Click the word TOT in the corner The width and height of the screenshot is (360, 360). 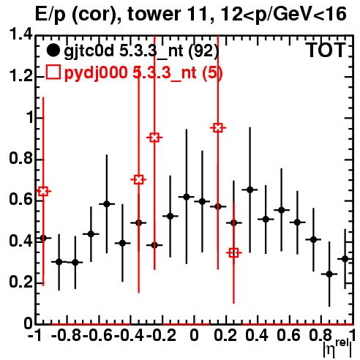326,50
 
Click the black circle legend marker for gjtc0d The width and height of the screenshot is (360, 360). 53,50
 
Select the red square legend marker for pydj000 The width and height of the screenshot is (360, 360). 53,72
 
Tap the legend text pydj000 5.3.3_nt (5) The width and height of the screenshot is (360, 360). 143,73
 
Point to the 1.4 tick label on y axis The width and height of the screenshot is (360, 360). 21,35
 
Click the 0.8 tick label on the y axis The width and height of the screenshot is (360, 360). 21,159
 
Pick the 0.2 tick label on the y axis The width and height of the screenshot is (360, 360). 21,282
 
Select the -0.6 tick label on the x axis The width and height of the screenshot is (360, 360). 97,336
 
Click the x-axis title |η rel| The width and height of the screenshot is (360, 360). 337,349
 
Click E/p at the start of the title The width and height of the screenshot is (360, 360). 50,15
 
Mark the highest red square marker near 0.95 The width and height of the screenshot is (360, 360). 218,127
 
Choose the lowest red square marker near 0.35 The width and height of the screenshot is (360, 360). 233,253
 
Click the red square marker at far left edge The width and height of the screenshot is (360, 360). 43,192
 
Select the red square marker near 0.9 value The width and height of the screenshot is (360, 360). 154,138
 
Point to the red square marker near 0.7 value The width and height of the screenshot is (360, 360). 139,180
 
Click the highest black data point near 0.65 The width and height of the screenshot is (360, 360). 250,190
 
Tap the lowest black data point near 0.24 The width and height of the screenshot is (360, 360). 329,274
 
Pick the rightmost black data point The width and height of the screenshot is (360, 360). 345,259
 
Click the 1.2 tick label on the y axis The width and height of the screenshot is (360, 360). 21,76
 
